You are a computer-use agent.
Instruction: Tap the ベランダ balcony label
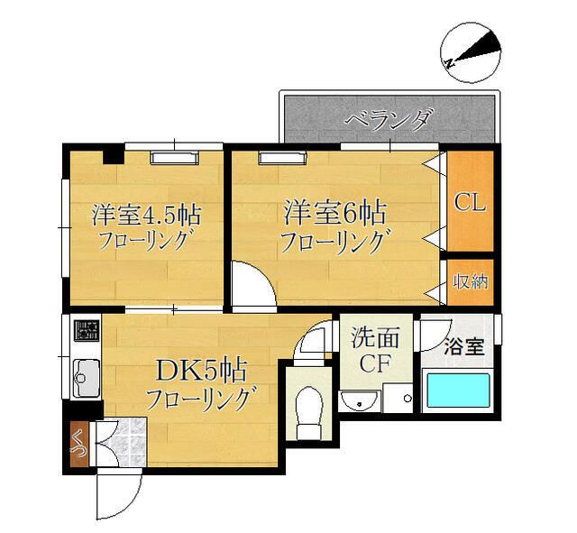coord(389,118)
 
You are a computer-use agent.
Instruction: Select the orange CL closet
coord(470,202)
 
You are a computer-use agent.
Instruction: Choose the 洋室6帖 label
coord(335,213)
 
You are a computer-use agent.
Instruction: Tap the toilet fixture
coord(308,402)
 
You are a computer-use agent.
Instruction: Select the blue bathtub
coord(457,392)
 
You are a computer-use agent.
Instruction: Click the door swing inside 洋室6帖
coord(251,287)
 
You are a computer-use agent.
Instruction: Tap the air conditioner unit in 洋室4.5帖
coord(173,157)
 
